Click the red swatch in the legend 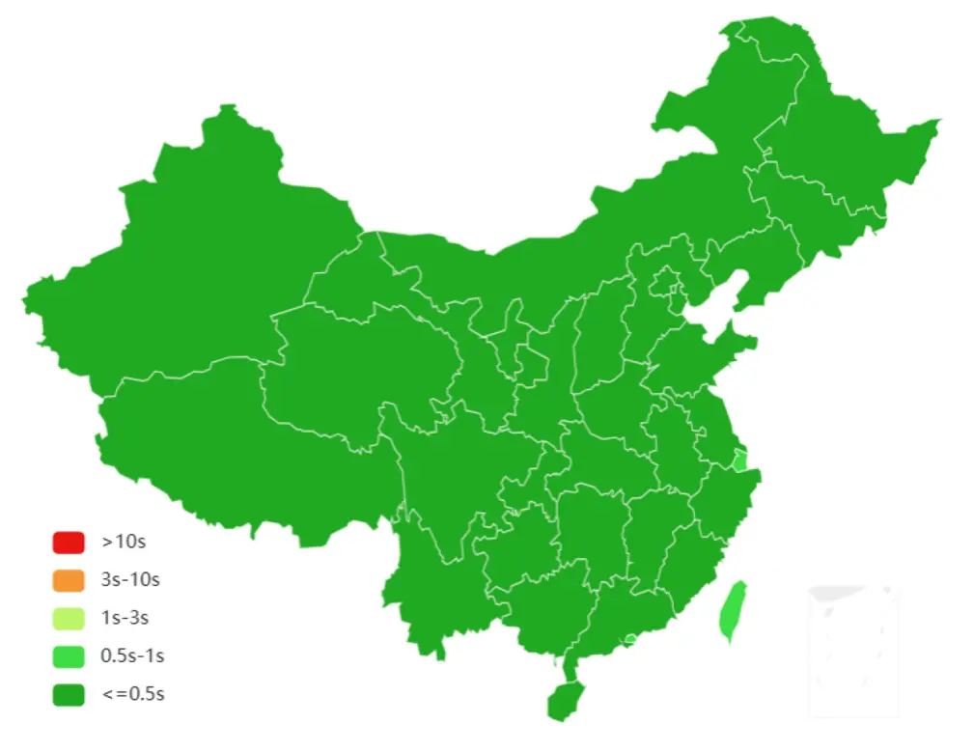[69, 543]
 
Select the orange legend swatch [69, 580]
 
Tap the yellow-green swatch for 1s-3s [69, 618]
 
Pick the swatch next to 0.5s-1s [69, 656]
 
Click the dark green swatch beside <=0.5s [69, 694]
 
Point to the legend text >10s [124, 543]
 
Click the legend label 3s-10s [130, 580]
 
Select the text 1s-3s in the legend [125, 618]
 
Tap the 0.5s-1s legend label [132, 656]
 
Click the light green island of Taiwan [734, 611]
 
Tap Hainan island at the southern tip [565, 699]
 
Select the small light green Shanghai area [740, 460]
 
